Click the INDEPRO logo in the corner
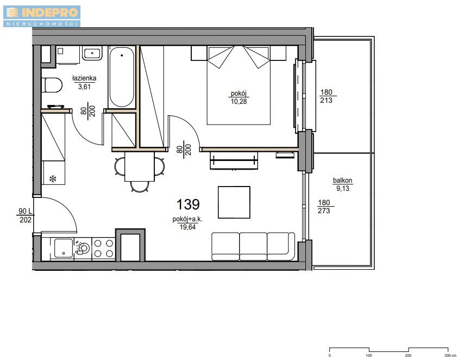pyautogui.click(x=42, y=16)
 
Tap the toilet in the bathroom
pyautogui.click(x=52, y=85)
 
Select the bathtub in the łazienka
pyautogui.click(x=122, y=77)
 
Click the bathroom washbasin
pyautogui.click(x=92, y=53)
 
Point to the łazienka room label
pyautogui.click(x=84, y=78)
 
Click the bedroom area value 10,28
pyautogui.click(x=239, y=102)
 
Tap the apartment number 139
pyautogui.click(x=188, y=204)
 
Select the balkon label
pyautogui.click(x=342, y=181)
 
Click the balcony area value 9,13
pyautogui.click(x=343, y=189)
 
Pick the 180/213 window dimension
pyautogui.click(x=327, y=96)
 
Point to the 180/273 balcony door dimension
pyautogui.click(x=324, y=207)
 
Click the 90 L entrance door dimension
pyautogui.click(x=25, y=215)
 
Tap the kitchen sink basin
pyautogui.click(x=64, y=248)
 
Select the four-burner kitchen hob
pyautogui.click(x=104, y=249)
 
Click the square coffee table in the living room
pyautogui.click(x=234, y=202)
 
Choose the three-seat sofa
pyautogui.click(x=253, y=246)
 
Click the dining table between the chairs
pyautogui.click(x=140, y=167)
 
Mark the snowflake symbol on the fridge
pyautogui.click(x=53, y=179)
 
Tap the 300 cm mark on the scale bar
pyautogui.click(x=448, y=355)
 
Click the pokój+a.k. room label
pyautogui.click(x=187, y=219)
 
